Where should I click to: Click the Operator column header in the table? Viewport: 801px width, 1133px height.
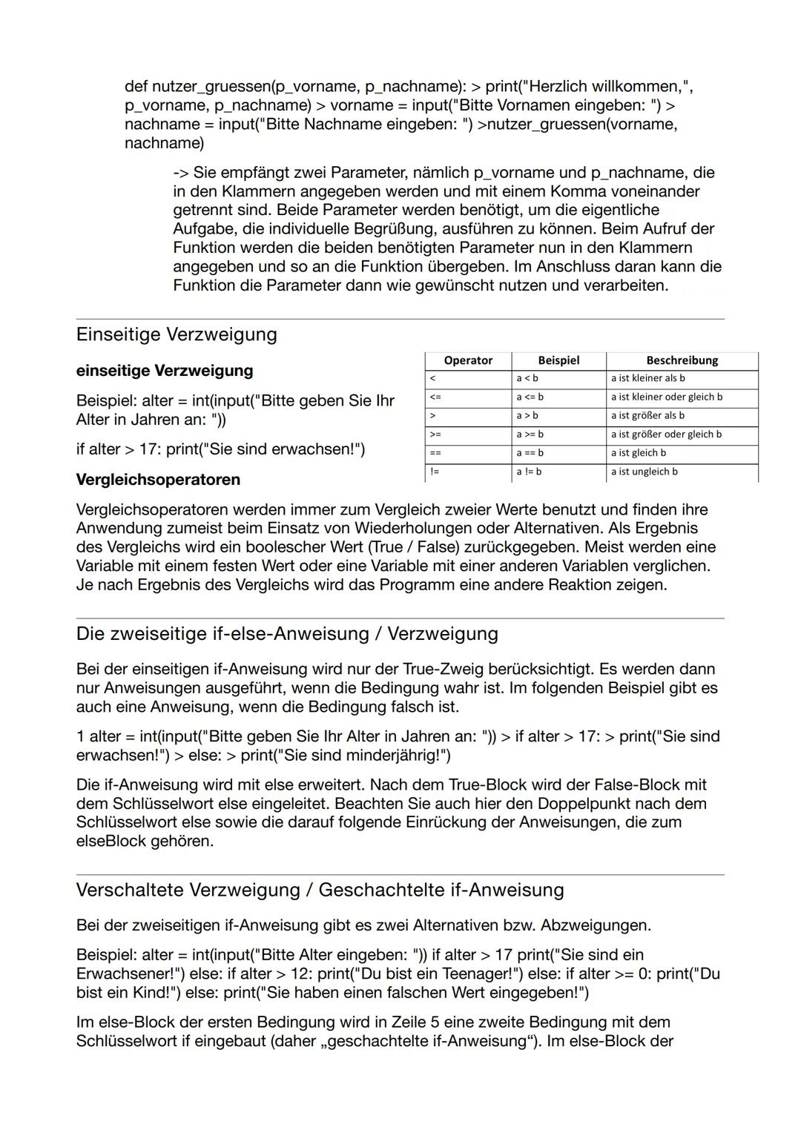click(x=467, y=360)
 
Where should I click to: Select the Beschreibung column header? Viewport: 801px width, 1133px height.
click(x=682, y=360)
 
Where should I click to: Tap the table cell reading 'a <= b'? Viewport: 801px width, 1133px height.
click(x=530, y=397)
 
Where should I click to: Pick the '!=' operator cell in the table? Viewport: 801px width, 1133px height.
click(x=435, y=472)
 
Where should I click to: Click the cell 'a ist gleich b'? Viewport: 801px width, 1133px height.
click(x=638, y=453)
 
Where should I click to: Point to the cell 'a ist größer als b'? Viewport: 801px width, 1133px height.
click(x=647, y=416)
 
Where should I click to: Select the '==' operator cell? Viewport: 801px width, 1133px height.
click(x=435, y=453)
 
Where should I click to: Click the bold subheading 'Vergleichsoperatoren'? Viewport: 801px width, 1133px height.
click(x=158, y=480)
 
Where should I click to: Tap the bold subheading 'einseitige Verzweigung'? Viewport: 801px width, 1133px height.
click(x=164, y=371)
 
